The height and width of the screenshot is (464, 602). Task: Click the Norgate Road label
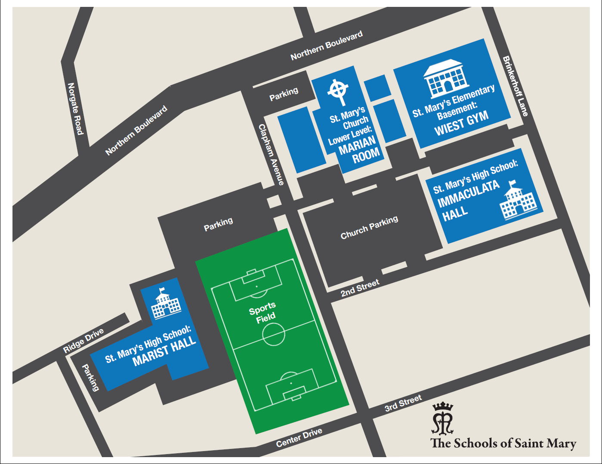pyautogui.click(x=75, y=109)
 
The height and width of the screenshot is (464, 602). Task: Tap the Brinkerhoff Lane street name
pyautogui.click(x=515, y=86)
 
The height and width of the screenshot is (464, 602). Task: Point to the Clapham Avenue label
pyautogui.click(x=271, y=155)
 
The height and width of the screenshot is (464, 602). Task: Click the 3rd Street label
pyautogui.click(x=403, y=403)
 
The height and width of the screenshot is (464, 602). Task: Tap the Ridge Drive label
pyautogui.click(x=83, y=341)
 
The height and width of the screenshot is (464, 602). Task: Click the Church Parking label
pyautogui.click(x=369, y=227)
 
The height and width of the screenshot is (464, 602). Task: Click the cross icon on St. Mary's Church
pyautogui.click(x=338, y=92)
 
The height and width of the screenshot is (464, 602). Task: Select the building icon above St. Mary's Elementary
pyautogui.click(x=446, y=79)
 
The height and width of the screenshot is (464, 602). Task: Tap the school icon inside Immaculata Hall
pyautogui.click(x=519, y=201)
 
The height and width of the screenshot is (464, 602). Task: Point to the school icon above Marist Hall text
pyautogui.click(x=165, y=303)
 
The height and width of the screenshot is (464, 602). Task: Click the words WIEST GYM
pyautogui.click(x=461, y=123)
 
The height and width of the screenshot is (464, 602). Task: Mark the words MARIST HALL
pyautogui.click(x=164, y=351)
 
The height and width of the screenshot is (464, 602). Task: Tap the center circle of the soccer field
pyautogui.click(x=274, y=334)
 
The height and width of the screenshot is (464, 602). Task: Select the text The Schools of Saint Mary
pyautogui.click(x=503, y=443)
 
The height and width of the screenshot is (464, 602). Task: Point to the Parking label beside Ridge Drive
pyautogui.click(x=90, y=377)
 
